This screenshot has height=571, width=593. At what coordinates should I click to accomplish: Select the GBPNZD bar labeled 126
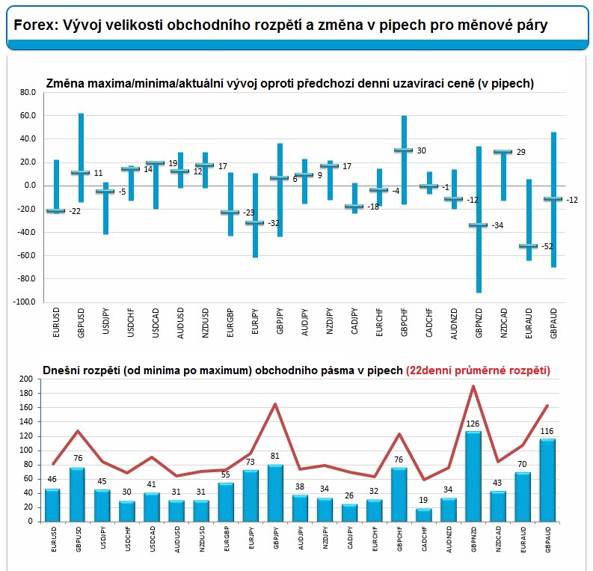[473, 477]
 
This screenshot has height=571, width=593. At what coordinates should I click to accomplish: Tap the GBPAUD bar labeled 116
[547, 480]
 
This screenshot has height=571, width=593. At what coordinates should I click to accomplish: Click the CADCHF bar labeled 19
[423, 515]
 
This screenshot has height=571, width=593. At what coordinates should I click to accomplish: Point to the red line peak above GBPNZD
[473, 386]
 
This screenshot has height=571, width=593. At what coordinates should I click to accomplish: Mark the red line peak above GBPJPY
[275, 404]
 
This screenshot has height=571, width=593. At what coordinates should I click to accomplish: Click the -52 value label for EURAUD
[547, 246]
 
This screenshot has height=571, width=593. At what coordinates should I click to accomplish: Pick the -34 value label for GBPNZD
[497, 225]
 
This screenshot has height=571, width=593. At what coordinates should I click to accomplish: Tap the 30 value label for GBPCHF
[421, 150]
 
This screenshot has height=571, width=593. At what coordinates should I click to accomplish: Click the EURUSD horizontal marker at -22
[56, 210]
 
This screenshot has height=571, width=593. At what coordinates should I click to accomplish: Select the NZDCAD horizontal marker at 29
[503, 151]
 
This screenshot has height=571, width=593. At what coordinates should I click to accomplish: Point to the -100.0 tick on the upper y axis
[24, 302]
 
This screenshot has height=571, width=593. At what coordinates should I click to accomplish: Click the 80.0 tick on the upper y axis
[28, 92]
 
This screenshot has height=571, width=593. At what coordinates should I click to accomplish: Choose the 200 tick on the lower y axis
[25, 379]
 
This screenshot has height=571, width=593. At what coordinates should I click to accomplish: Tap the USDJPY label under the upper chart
[106, 321]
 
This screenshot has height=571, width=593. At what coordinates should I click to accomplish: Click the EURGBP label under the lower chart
[227, 539]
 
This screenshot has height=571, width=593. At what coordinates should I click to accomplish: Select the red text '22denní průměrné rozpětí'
[478, 370]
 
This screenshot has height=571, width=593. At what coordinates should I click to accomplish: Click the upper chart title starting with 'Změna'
[289, 83]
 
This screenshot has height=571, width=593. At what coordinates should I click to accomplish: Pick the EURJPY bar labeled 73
[251, 496]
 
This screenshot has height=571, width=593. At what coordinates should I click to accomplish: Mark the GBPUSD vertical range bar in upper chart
[81, 158]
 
